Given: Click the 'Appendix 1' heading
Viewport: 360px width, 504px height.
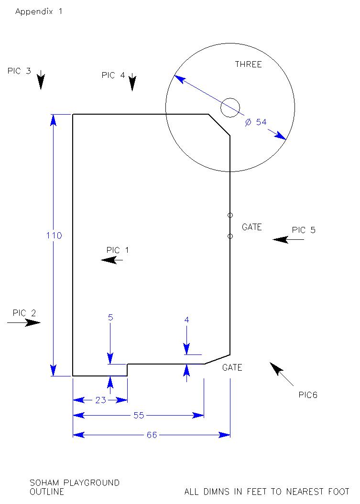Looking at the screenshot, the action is click(39, 11).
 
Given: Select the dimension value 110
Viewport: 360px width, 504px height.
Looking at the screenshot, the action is click(54, 236).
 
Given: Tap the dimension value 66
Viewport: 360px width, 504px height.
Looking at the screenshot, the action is click(152, 435).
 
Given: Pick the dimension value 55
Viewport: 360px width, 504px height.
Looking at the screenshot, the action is click(139, 415).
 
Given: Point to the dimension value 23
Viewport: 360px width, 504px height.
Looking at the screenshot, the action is click(101, 400).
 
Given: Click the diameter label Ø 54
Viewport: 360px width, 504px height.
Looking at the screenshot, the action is click(256, 122).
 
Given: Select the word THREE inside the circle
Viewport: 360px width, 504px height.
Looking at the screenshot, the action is click(248, 64).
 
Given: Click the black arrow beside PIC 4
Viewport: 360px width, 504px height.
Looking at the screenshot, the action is click(132, 82).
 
